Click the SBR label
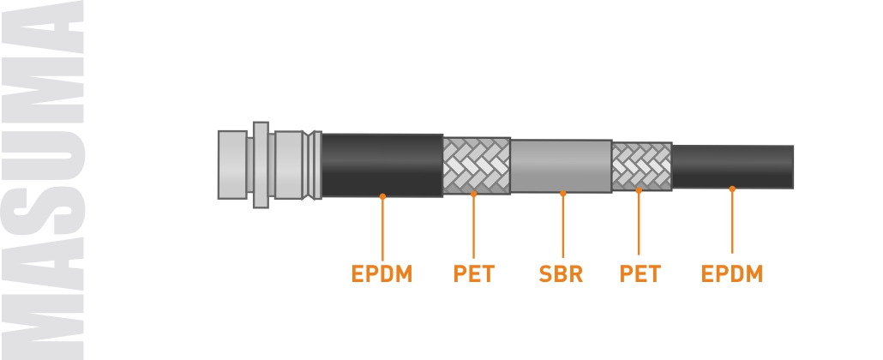point(562,274)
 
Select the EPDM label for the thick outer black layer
point(381,274)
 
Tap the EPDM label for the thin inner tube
point(731,274)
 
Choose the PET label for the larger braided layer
point(473,274)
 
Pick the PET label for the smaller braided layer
point(640,274)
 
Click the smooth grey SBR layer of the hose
point(561,163)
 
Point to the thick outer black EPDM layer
point(381,163)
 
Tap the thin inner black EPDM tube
point(732,165)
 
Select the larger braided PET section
point(476,165)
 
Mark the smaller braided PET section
point(641,165)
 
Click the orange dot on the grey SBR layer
point(562,193)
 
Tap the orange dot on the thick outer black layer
point(382,196)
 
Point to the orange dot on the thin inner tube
point(732,189)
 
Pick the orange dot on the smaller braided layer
point(639,190)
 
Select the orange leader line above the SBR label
point(562,227)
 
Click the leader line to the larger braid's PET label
point(473,227)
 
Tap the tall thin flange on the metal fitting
point(261,165)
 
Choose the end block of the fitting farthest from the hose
point(232,165)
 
